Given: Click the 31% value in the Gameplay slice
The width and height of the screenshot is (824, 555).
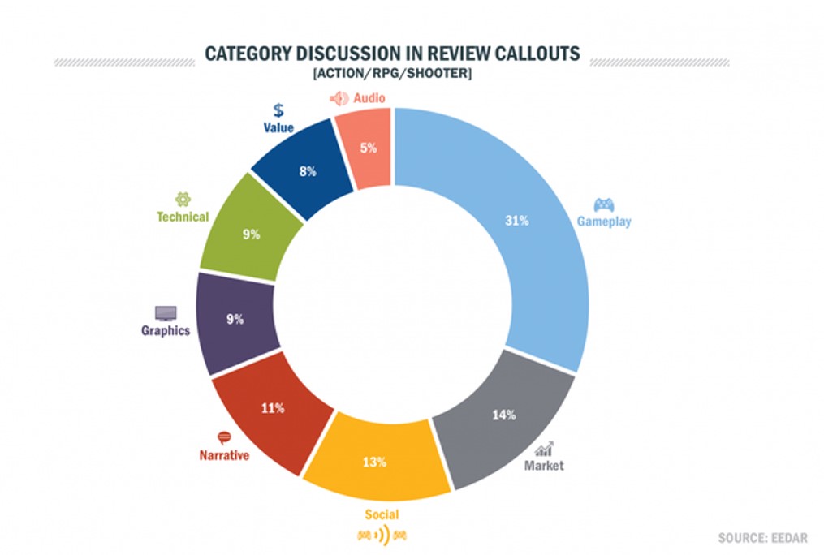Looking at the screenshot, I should pyautogui.click(x=516, y=221).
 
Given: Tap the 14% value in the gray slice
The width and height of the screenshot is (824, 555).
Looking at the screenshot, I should pyautogui.click(x=503, y=415).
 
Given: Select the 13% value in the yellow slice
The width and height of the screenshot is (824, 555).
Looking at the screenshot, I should pyautogui.click(x=374, y=462).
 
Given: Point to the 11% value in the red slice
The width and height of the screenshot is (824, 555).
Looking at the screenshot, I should pyautogui.click(x=272, y=408).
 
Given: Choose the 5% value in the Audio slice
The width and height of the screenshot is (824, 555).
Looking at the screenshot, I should pyautogui.click(x=368, y=148).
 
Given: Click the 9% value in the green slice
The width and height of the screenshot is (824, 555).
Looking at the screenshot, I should pyautogui.click(x=251, y=234).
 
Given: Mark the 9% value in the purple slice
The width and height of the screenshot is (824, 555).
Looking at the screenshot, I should pyautogui.click(x=235, y=319).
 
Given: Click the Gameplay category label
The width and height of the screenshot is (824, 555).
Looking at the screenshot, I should pyautogui.click(x=604, y=221).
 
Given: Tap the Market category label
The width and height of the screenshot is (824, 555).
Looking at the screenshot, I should pyautogui.click(x=543, y=466).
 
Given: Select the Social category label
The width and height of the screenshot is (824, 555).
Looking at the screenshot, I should pyautogui.click(x=382, y=514).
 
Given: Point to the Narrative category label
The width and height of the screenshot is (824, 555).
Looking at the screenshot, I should pyautogui.click(x=224, y=455).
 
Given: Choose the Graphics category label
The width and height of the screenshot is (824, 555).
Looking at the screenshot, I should pyautogui.click(x=166, y=330).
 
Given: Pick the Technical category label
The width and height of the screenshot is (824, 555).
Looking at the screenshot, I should pyautogui.click(x=183, y=217).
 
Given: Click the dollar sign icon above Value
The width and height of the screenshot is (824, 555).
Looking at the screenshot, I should pyautogui.click(x=278, y=110).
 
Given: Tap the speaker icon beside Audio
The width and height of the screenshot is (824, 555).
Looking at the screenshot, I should pyautogui.click(x=339, y=98).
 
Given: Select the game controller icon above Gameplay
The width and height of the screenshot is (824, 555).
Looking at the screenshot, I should pyautogui.click(x=604, y=204).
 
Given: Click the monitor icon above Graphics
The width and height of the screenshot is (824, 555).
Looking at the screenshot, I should pyautogui.click(x=166, y=312).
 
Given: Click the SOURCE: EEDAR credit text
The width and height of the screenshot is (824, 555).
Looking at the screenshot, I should pyautogui.click(x=764, y=537).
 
